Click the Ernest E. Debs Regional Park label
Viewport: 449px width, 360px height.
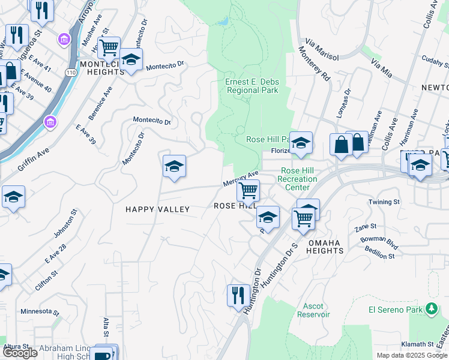point(252,86)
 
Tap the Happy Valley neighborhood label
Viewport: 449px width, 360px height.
point(157,209)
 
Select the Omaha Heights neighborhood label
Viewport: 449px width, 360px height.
point(324,247)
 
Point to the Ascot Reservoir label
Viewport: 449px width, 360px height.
point(313,310)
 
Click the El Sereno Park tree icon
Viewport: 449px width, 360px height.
point(431,309)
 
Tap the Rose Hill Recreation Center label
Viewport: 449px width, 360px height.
point(298,179)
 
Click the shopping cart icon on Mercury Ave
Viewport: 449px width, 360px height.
point(248,190)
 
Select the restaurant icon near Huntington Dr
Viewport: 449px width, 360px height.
point(238,295)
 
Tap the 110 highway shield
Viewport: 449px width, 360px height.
point(71,73)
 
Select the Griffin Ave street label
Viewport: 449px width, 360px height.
point(33,161)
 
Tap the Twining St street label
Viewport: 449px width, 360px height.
point(384,202)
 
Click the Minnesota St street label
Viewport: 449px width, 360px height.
point(40,312)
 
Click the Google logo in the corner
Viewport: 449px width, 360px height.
point(20,353)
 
